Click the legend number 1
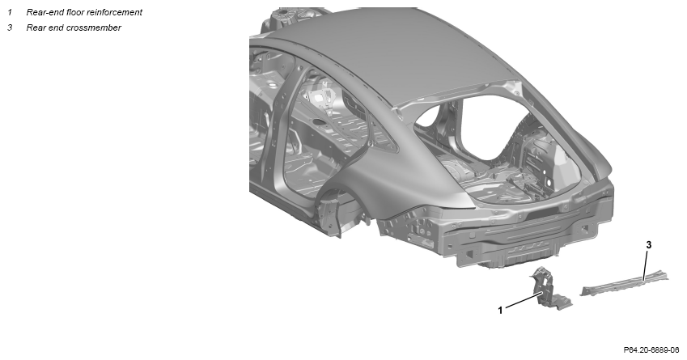[10, 13]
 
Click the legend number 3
[10, 28]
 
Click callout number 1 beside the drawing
[500, 310]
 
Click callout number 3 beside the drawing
[649, 245]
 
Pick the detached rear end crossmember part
[625, 284]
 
